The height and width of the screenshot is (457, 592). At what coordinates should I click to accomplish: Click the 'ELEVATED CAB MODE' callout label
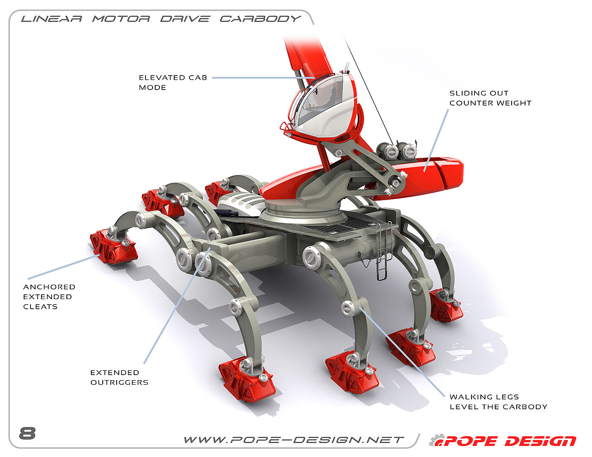coord(173,82)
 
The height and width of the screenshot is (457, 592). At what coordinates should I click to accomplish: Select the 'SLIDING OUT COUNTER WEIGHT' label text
coord(490,98)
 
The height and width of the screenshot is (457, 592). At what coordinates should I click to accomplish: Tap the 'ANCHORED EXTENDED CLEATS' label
coord(49,297)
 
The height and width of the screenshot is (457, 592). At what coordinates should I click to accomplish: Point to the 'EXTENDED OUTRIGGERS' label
coord(119,377)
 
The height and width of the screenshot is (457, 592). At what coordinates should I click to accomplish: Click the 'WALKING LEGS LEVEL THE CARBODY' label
coord(498,402)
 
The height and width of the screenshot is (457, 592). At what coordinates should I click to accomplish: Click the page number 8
coord(27,433)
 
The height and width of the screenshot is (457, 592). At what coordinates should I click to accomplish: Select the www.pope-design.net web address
coord(293,440)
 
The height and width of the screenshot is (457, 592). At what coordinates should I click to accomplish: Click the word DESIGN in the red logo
coord(540,441)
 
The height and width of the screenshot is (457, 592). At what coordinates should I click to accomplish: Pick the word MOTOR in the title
coord(121,19)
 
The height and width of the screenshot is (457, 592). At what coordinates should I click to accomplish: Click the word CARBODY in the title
coord(260,19)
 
